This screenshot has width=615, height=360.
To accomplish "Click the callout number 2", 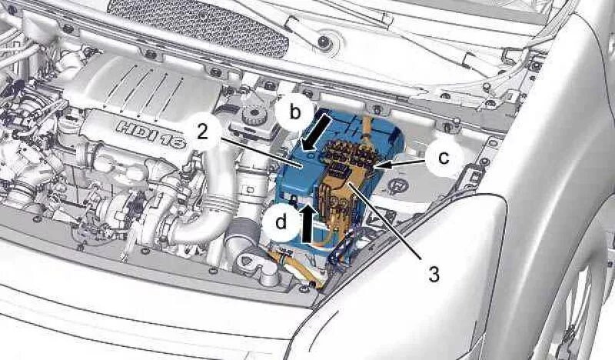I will [x=202, y=131].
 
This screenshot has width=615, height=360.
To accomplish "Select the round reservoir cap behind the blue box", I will [x=251, y=118].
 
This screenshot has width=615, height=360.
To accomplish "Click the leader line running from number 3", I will [x=392, y=223].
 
